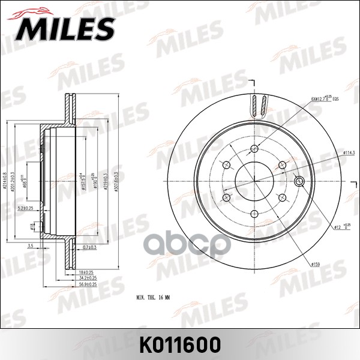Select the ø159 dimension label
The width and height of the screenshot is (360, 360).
coord(316,263)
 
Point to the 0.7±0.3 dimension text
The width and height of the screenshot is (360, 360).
coord(91,247)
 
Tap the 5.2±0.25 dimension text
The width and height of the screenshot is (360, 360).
coord(25,208)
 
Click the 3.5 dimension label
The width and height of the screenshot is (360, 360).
coord(30,246)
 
